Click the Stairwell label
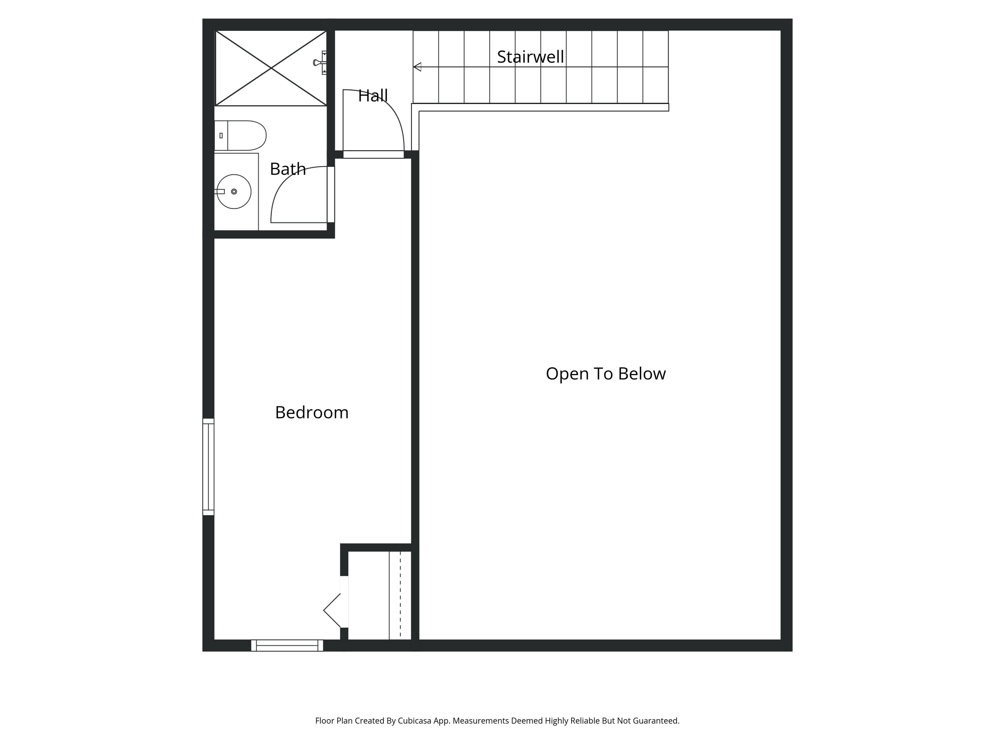click(x=530, y=57)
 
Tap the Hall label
click(x=372, y=96)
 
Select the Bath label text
click(x=288, y=169)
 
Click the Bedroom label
click(x=312, y=412)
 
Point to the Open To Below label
click(x=605, y=374)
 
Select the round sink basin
click(x=234, y=192)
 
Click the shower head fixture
click(x=320, y=63)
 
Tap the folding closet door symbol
click(x=332, y=610)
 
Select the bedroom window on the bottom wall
click(x=287, y=645)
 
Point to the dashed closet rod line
click(x=400, y=594)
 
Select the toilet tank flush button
click(x=221, y=135)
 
